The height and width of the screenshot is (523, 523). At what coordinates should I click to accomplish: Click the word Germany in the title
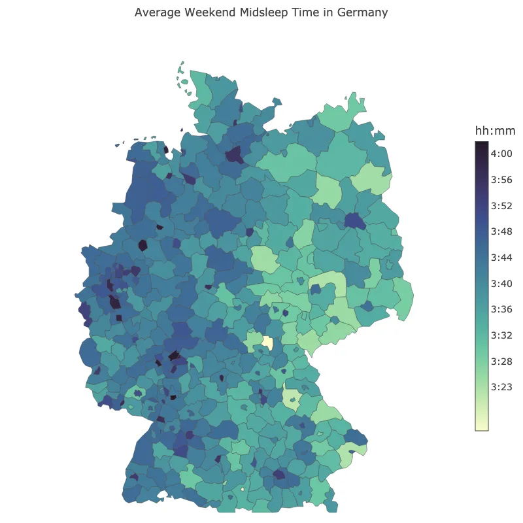(x=362, y=12)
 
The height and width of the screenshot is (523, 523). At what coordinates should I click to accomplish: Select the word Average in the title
(x=158, y=12)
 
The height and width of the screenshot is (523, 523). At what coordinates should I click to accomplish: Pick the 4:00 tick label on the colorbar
(x=501, y=154)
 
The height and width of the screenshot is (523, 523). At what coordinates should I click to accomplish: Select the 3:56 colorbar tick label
(x=501, y=180)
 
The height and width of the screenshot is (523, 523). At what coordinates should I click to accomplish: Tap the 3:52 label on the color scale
(x=501, y=205)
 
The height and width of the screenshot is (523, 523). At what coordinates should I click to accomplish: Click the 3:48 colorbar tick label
(x=501, y=231)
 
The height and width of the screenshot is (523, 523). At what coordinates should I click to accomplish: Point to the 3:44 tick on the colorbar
(x=501, y=258)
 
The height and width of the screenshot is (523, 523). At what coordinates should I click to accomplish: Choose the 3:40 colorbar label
(x=501, y=283)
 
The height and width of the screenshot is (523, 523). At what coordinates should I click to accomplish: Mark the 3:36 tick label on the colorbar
(x=501, y=309)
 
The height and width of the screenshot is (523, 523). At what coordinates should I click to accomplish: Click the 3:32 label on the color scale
(x=501, y=335)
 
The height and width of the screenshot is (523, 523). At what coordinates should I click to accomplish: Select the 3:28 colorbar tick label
(x=501, y=361)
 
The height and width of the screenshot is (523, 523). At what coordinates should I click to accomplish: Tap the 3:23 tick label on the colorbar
(x=501, y=387)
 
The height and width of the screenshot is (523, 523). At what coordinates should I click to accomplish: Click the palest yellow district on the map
(x=267, y=343)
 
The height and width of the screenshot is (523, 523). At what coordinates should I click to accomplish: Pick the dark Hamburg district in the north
(x=233, y=155)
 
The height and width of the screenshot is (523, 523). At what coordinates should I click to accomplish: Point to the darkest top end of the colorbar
(x=482, y=144)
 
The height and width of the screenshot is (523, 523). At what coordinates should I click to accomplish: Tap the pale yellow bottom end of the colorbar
(x=482, y=427)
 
